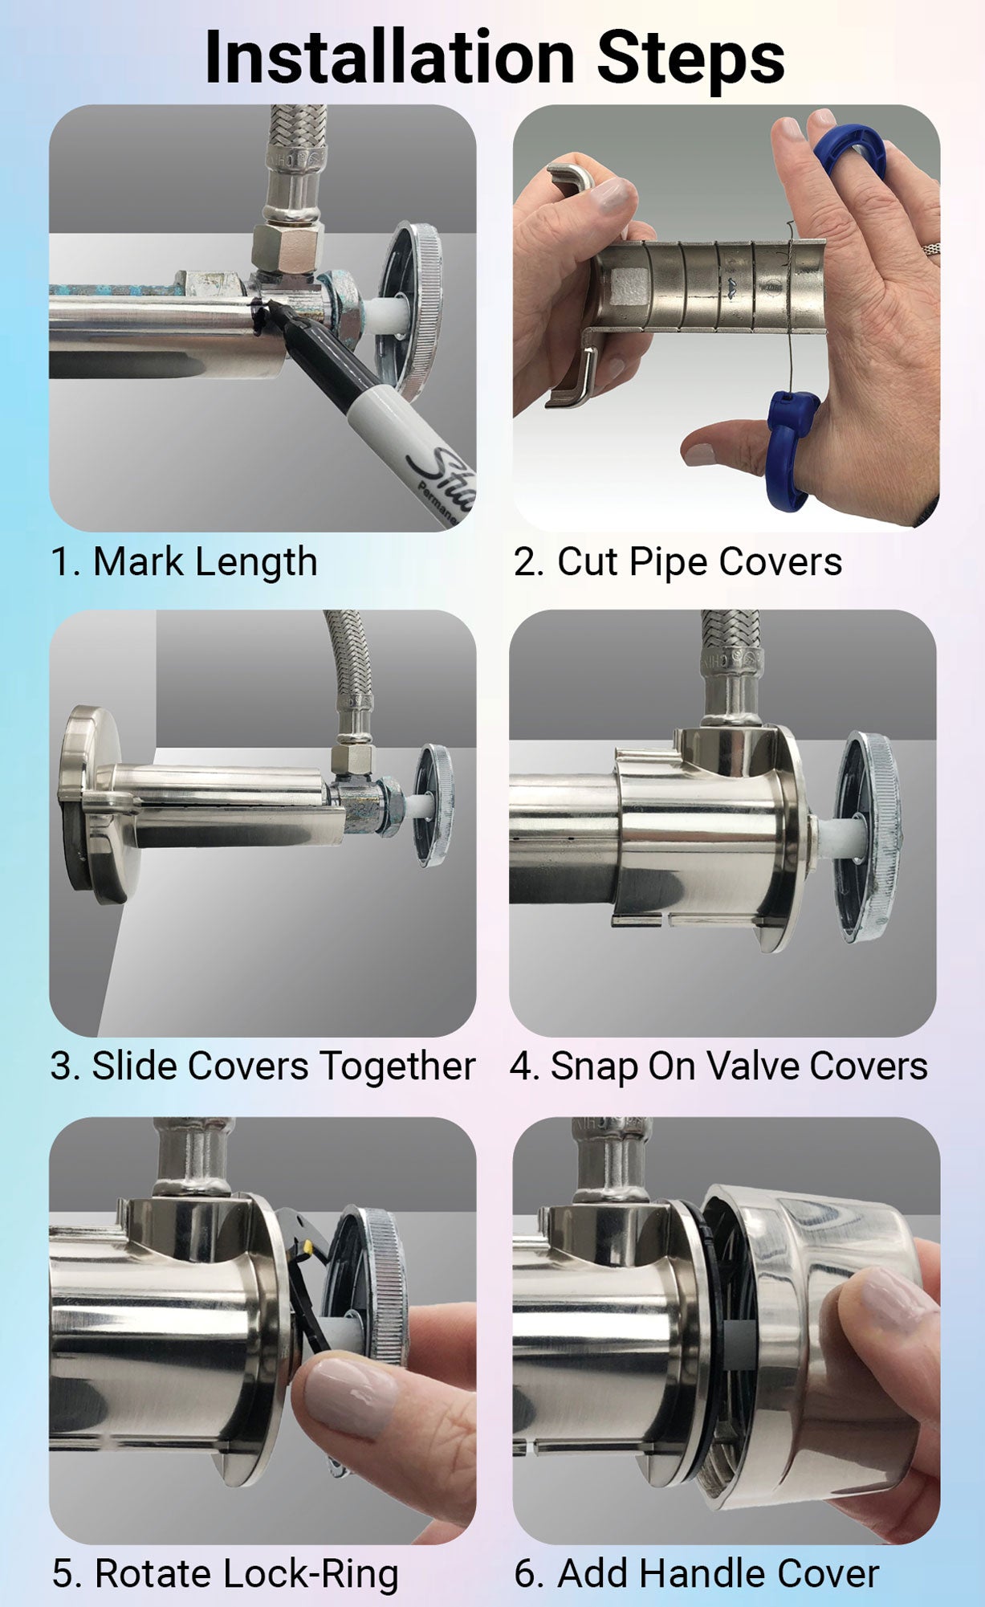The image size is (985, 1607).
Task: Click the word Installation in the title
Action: (x=389, y=58)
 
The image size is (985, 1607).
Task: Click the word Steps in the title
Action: (x=690, y=58)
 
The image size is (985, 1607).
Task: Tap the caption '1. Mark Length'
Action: (x=184, y=561)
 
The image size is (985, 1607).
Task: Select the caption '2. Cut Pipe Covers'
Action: (x=678, y=561)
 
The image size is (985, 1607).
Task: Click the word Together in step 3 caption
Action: (x=397, y=1067)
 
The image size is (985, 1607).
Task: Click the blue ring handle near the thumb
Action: (x=790, y=450)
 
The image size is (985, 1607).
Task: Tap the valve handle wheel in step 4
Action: (x=867, y=835)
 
